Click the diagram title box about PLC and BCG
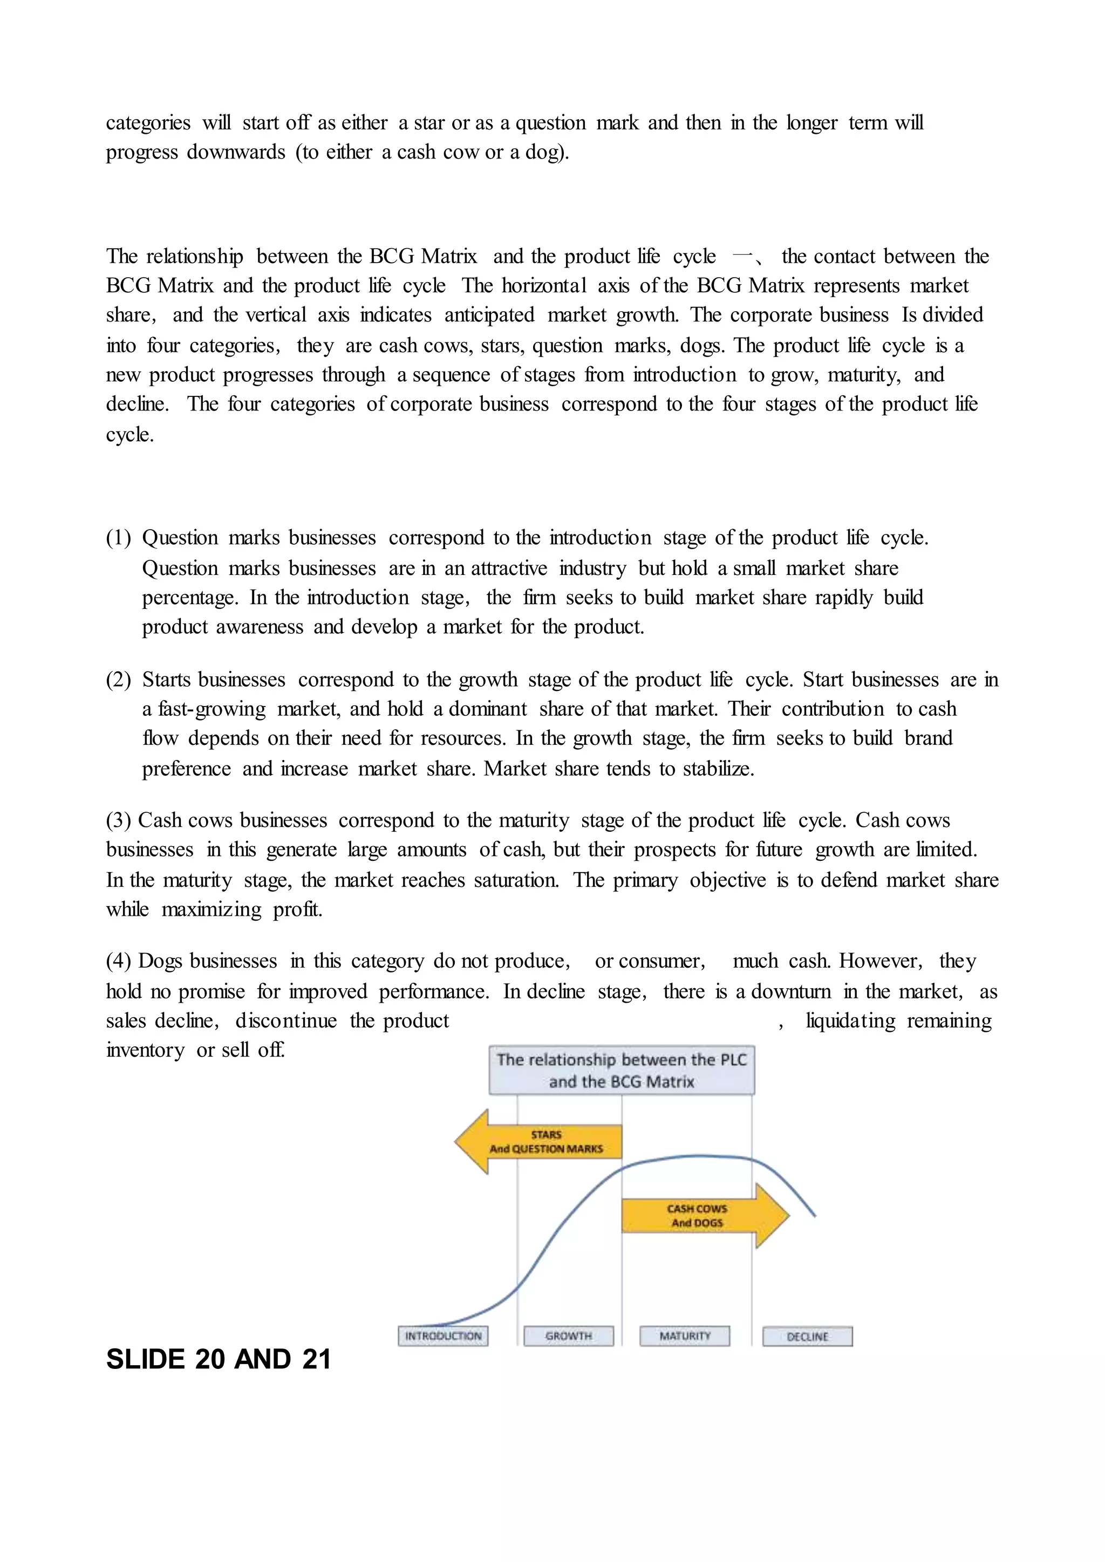(621, 1070)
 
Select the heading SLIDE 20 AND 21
(219, 1359)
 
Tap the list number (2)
(118, 679)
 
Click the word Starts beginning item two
(166, 679)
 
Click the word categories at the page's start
(148, 122)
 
